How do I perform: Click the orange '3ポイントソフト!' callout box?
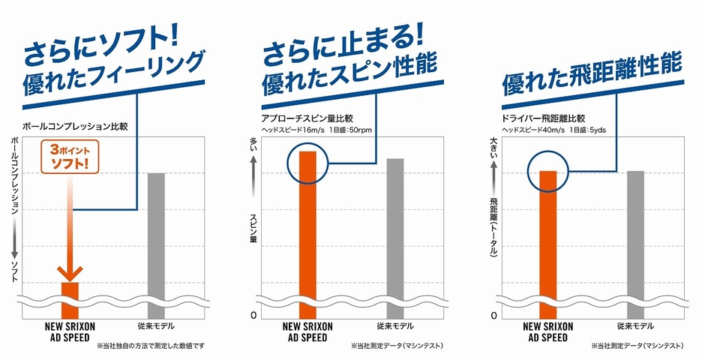70,155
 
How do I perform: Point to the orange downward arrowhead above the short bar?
70,271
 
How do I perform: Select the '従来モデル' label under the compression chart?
156,327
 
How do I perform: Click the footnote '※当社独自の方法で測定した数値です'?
155,346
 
